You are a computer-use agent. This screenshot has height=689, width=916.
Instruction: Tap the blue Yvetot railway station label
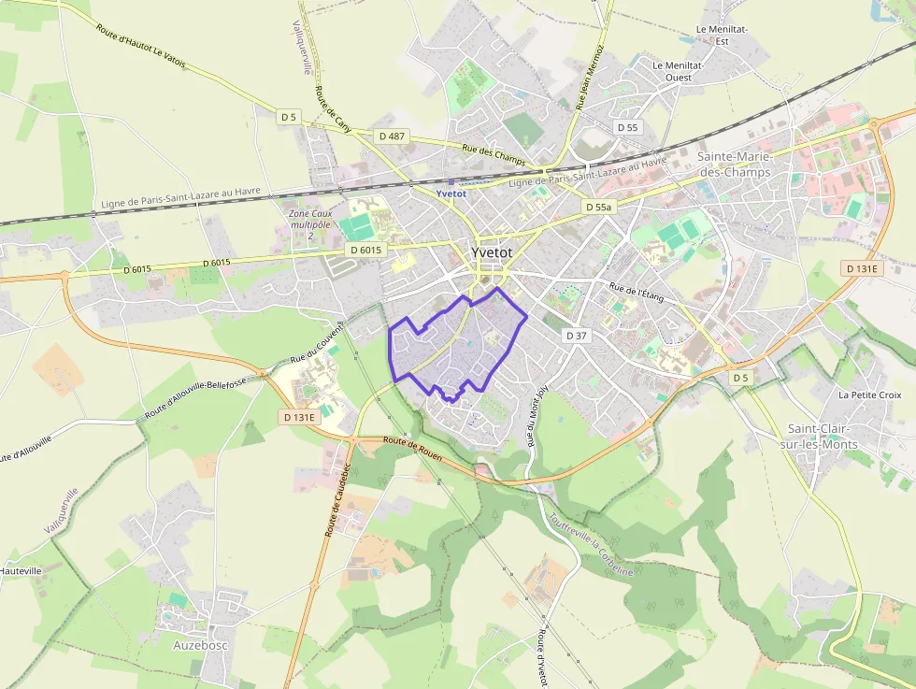point(451,194)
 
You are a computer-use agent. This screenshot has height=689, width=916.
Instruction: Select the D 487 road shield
point(393,136)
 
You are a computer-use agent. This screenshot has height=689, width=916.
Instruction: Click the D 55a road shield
point(598,207)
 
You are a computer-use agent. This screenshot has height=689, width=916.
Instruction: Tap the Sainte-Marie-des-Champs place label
point(735,165)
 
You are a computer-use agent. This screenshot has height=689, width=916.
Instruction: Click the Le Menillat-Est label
point(722,36)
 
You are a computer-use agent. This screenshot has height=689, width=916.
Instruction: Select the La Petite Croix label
point(869,395)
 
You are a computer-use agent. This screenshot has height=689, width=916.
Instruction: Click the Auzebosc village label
point(201,645)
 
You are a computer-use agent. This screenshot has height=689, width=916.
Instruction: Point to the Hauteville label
point(20,570)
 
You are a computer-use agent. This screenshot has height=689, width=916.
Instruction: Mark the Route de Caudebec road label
point(336,499)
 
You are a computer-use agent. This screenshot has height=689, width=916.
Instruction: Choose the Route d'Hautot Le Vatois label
point(140,44)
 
